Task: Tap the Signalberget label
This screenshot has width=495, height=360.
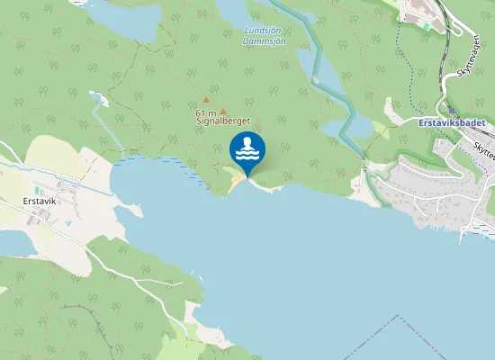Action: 222,120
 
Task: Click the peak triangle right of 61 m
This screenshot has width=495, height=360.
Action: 223,112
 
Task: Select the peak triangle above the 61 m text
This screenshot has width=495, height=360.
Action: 205,100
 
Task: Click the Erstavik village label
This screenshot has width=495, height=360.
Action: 39,201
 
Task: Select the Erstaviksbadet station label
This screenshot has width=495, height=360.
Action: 452,121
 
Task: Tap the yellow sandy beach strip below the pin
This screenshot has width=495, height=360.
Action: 237,183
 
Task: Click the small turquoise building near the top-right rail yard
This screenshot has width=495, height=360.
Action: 427,26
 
